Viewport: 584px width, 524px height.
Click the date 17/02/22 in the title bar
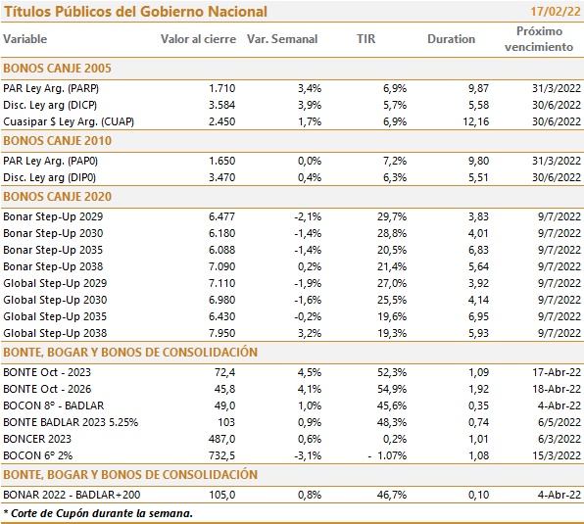556,12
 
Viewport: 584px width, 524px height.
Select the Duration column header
451,39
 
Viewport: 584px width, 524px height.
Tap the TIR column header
365,39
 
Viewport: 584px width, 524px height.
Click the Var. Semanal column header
282,39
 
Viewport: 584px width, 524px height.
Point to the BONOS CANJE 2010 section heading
58,141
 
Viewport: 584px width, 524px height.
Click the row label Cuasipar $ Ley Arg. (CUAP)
69,121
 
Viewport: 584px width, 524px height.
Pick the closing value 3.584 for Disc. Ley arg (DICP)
221,105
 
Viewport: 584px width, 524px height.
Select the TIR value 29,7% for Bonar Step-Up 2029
391,216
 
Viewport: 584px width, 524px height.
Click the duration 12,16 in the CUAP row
475,121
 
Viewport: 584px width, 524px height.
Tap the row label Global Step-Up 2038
55,333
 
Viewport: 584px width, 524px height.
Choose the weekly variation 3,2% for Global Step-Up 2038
309,333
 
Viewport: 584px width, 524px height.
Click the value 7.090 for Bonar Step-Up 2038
221,266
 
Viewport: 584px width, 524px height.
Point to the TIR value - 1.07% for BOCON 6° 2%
387,455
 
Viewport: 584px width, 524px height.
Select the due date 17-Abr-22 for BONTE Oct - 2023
557,372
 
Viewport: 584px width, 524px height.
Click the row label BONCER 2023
37,439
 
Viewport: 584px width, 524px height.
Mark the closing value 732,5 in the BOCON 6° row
221,455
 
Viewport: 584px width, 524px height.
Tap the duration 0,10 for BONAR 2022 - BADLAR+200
478,495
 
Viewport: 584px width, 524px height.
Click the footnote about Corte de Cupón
98,513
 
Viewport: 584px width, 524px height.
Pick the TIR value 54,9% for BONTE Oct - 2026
391,389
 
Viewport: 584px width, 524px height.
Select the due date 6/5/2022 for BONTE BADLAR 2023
560,422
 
